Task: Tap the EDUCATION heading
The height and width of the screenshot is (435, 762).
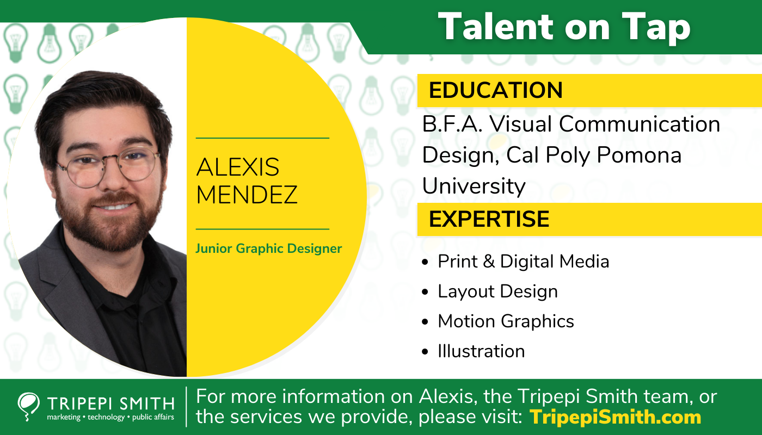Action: click(x=495, y=90)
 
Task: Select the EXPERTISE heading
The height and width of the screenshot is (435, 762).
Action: click(x=489, y=219)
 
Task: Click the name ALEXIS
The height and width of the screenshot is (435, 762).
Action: click(x=238, y=167)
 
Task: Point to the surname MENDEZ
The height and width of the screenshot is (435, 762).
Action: click(x=247, y=195)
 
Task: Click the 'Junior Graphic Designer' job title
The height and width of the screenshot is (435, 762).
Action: click(x=268, y=249)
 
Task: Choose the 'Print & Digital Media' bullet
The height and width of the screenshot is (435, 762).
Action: click(x=523, y=262)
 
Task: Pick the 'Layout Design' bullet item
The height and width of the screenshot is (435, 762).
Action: click(x=497, y=291)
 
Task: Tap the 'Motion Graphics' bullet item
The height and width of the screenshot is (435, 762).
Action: click(x=506, y=321)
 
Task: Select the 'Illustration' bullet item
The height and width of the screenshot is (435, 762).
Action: click(x=481, y=351)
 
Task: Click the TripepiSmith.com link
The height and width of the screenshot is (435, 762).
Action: click(x=615, y=417)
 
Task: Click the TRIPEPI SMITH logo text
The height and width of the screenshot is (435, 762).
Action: click(x=110, y=403)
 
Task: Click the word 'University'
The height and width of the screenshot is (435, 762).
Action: click(x=474, y=186)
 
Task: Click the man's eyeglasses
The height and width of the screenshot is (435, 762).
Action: click(x=108, y=166)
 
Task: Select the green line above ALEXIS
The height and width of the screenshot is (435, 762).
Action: click(x=262, y=138)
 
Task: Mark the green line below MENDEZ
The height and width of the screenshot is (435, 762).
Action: click(x=262, y=229)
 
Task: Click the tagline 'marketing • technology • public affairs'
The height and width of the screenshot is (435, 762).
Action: click(x=110, y=417)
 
